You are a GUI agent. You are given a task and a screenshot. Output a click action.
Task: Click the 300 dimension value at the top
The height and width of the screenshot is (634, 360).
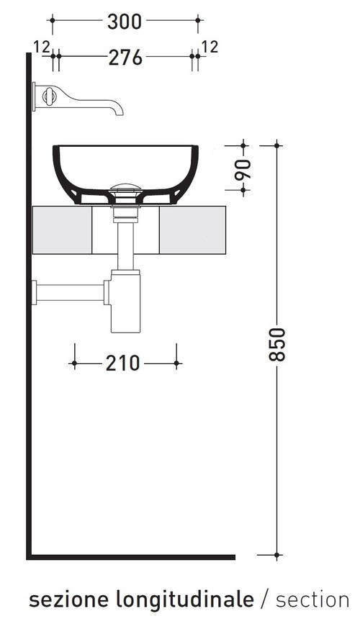[126, 22]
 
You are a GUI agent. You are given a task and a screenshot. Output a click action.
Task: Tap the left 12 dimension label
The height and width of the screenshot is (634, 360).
[41, 47]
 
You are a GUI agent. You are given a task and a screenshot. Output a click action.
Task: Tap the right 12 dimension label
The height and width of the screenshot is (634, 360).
[210, 47]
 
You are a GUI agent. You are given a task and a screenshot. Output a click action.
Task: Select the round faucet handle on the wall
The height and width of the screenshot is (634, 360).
[49, 96]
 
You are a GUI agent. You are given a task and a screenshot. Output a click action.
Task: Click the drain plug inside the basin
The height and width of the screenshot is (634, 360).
[125, 188]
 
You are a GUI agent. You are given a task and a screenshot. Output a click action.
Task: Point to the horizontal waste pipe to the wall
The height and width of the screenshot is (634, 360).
[70, 292]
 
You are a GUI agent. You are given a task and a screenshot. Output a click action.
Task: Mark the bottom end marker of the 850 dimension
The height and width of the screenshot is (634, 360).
[279, 556]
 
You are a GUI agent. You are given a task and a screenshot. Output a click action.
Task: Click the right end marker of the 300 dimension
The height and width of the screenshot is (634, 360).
[198, 22]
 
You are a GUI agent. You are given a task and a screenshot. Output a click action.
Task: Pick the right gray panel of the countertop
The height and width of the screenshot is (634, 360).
[192, 230]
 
